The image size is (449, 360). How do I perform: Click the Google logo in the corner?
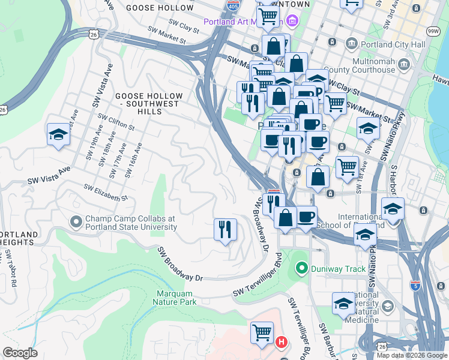tap(20, 353)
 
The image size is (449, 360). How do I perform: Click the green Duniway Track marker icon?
tap(301, 268)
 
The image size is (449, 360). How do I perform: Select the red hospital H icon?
tap(281, 343)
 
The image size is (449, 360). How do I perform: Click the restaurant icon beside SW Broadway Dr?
tap(225, 229)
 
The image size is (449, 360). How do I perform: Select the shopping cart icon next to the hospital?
tap(262, 332)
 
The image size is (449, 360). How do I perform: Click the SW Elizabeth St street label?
tap(106, 193)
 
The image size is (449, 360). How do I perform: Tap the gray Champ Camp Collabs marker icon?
tap(76, 223)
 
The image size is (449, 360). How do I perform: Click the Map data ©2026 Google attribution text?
tap(411, 355)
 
